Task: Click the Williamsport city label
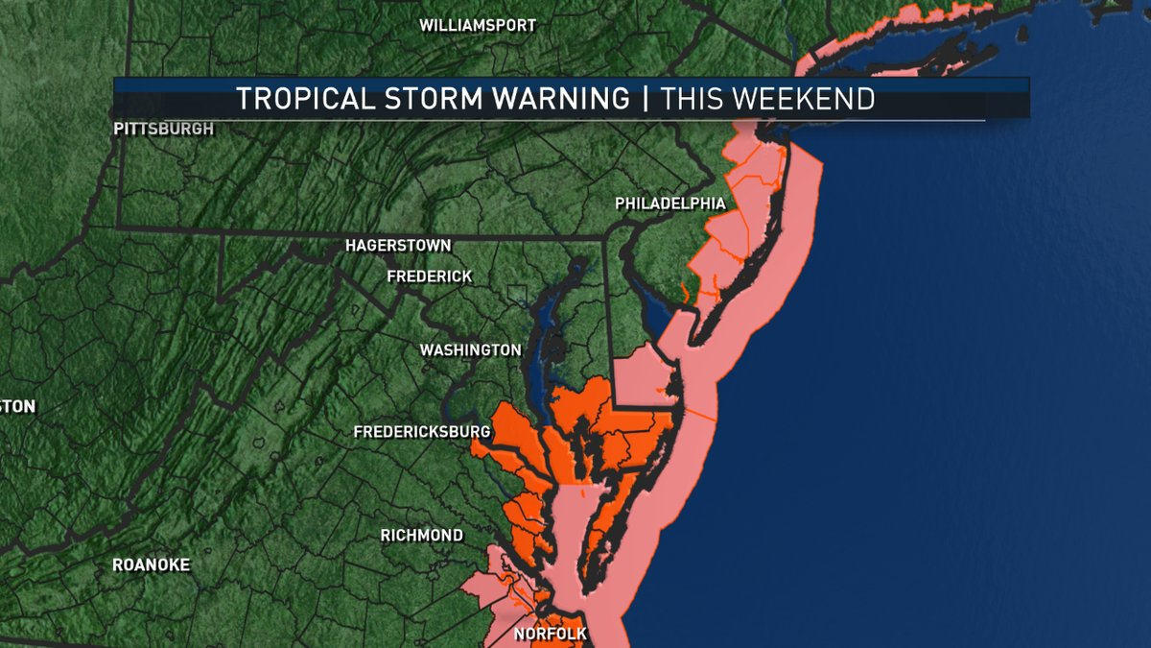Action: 478,26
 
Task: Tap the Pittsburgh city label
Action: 163,129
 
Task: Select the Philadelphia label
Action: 670,204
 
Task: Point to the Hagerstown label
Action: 398,247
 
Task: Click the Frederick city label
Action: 429,276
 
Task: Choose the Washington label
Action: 470,350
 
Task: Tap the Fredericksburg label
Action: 422,432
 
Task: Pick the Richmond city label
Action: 421,535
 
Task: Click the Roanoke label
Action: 152,564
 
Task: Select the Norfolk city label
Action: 550,635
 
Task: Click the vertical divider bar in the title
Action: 646,99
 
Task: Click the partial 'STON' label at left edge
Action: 17,407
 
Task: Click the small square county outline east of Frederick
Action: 518,295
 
